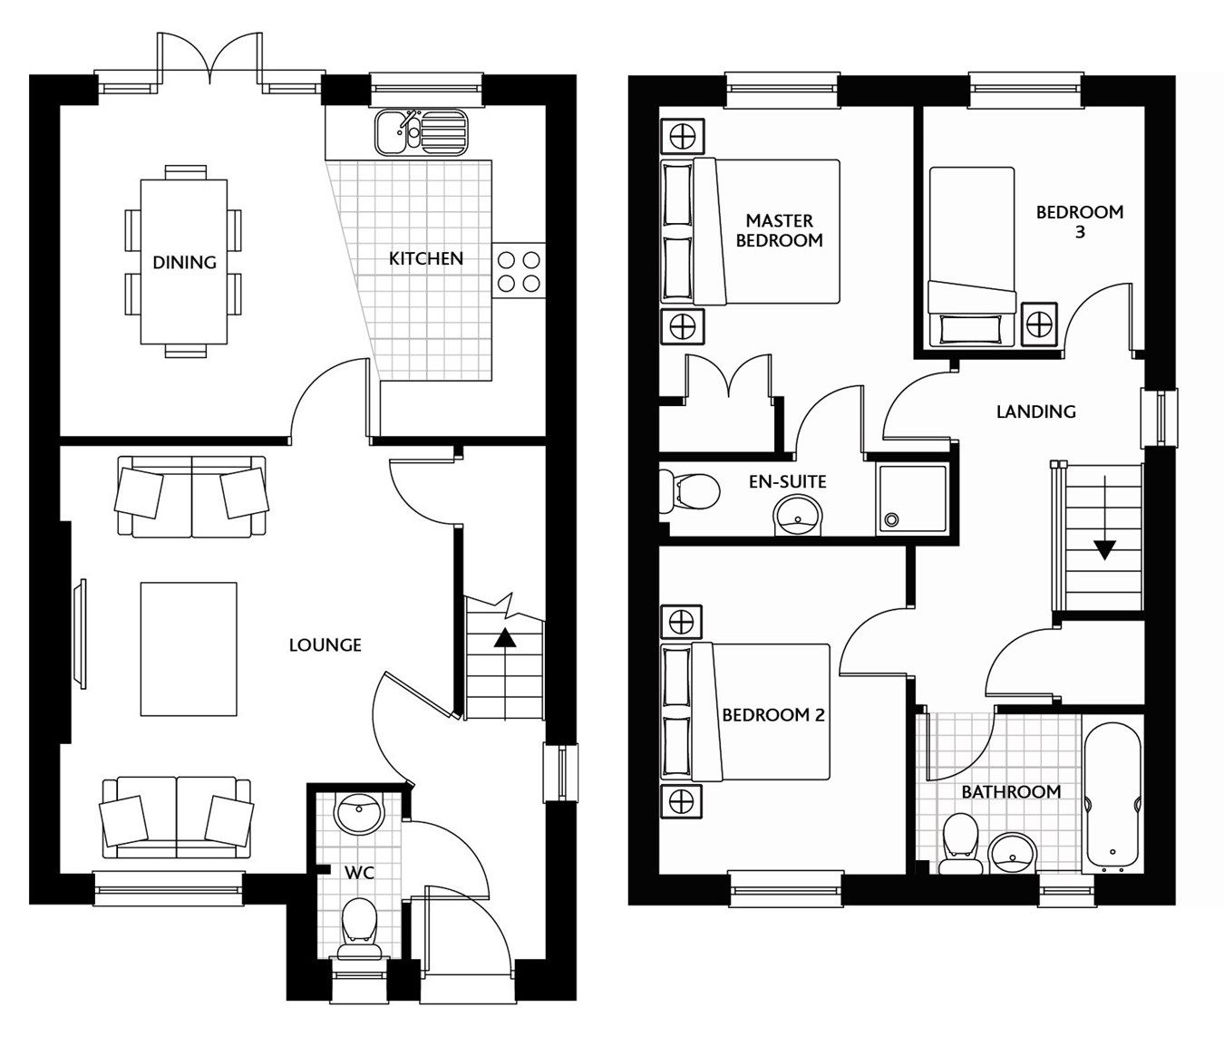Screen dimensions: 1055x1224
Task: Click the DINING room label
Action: click(184, 263)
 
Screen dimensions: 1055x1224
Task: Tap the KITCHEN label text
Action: click(425, 259)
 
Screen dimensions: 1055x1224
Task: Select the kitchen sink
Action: click(420, 132)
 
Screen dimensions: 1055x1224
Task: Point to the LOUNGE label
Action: click(325, 645)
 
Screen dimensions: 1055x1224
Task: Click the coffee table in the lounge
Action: click(189, 649)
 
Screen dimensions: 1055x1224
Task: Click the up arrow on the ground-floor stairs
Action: click(504, 638)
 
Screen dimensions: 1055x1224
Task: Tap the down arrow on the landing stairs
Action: click(1103, 549)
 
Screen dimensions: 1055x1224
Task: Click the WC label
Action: click(359, 873)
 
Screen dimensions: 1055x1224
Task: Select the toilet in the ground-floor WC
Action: click(359, 927)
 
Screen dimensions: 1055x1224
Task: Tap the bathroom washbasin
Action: click(1007, 852)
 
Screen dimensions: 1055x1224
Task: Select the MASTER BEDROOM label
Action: click(779, 230)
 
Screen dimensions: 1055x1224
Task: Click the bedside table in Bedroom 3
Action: click(1039, 322)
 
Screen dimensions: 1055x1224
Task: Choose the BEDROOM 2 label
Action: click(772, 715)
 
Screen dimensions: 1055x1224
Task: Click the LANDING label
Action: click(1035, 411)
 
